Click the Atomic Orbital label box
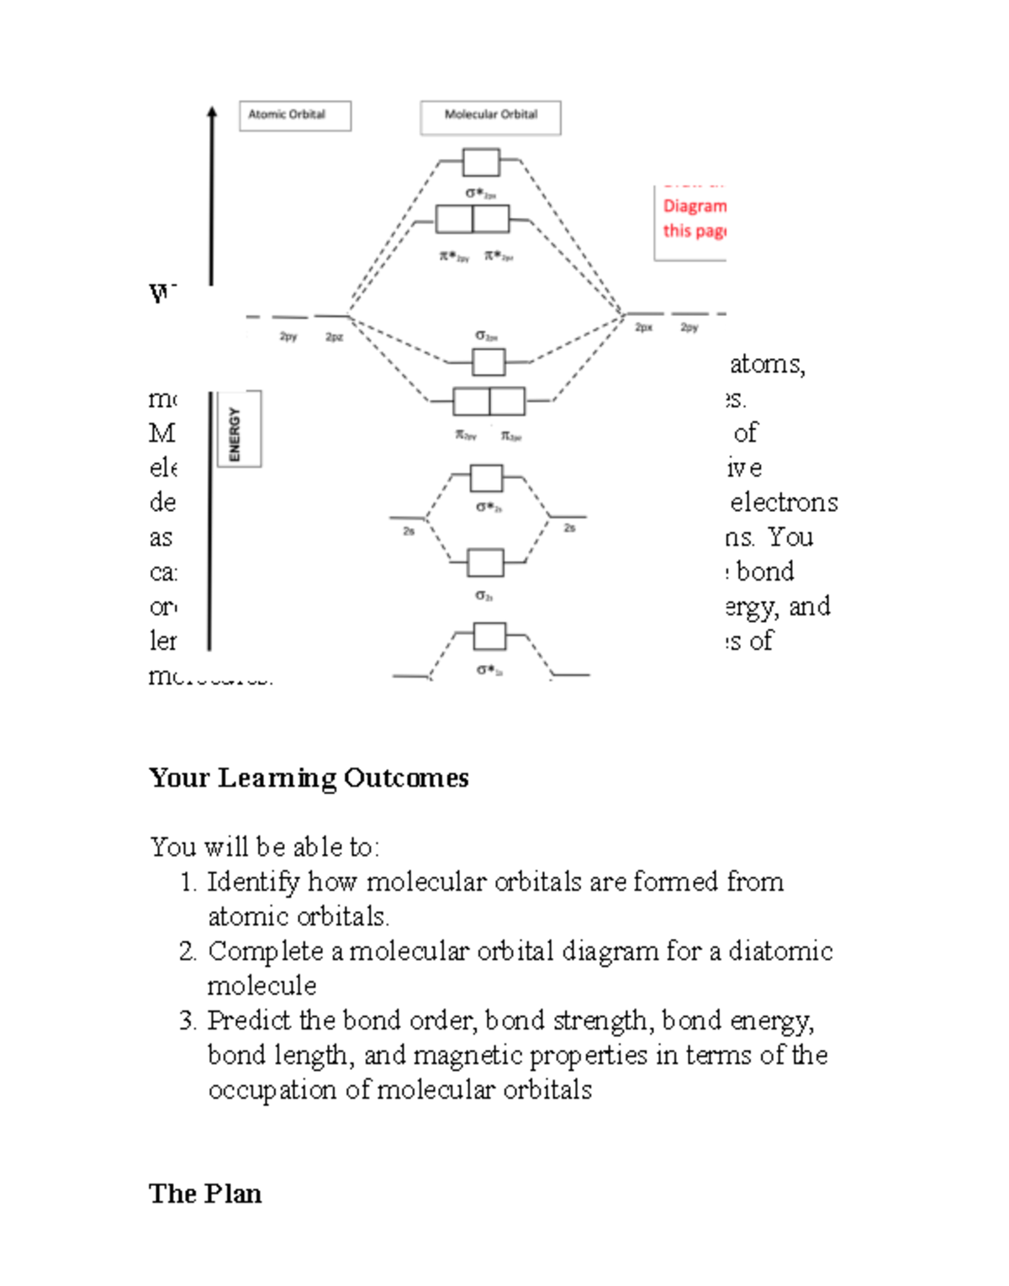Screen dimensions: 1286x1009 294,116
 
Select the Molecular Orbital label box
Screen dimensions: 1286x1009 490,118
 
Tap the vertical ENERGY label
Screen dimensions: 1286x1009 235,433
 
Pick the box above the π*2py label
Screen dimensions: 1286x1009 454,219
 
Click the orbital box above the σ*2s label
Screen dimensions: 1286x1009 486,477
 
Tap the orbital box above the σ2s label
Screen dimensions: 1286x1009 485,562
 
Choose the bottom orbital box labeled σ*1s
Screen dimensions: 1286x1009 489,636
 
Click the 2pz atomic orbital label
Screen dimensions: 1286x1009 334,337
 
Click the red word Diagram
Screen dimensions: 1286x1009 694,206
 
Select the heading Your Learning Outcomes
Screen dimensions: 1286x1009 309,777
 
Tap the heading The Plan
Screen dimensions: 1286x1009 205,1194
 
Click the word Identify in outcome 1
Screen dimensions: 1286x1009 253,882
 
